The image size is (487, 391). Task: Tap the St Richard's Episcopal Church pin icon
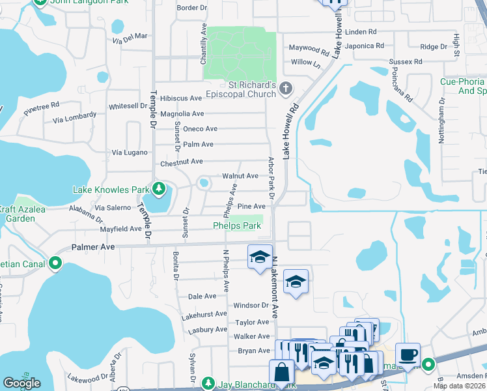click(285, 87)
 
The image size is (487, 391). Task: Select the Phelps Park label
click(237, 226)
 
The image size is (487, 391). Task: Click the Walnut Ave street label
click(240, 176)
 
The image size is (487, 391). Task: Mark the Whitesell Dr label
click(128, 106)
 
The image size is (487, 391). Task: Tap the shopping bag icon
click(283, 373)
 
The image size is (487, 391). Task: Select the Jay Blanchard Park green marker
click(208, 383)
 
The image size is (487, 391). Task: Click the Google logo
click(21, 383)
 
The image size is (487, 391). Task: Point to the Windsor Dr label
click(251, 305)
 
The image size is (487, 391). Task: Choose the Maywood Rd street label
click(309, 49)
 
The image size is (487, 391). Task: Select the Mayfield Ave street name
click(120, 229)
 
